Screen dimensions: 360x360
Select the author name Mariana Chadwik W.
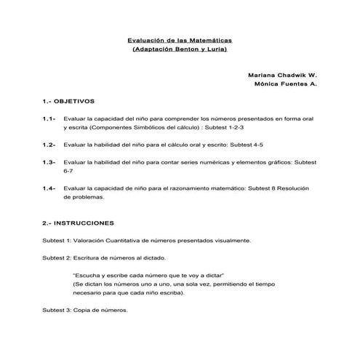coord(282,74)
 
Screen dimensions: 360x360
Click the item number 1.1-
coord(49,118)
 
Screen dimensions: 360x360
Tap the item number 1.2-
coord(49,145)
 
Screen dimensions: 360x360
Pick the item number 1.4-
coord(49,188)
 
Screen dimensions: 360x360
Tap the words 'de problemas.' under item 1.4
coord(84,197)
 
